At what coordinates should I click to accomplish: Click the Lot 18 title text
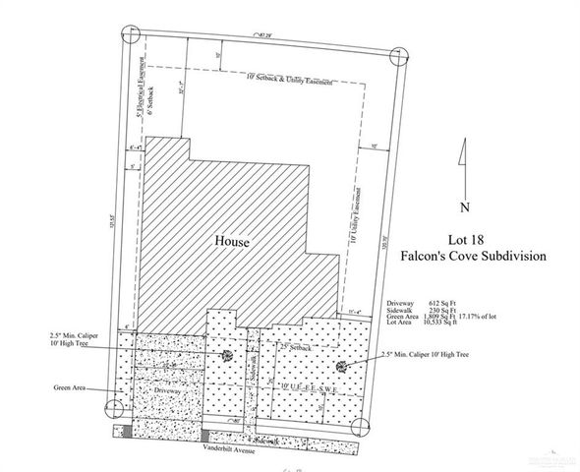(469, 240)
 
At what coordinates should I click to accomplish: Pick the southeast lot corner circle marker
(360, 429)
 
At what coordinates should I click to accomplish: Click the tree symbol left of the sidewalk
(228, 356)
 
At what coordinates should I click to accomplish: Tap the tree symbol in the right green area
(342, 367)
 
